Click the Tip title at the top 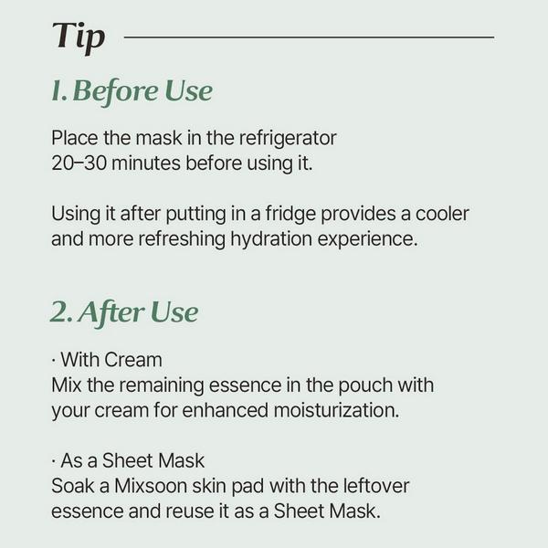pyautogui.click(x=79, y=37)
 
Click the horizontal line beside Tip pyautogui.click(x=309, y=37)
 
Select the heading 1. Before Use pyautogui.click(x=132, y=91)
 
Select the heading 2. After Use pyautogui.click(x=123, y=312)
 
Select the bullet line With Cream pyautogui.click(x=108, y=360)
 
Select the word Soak pyautogui.click(x=72, y=485)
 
